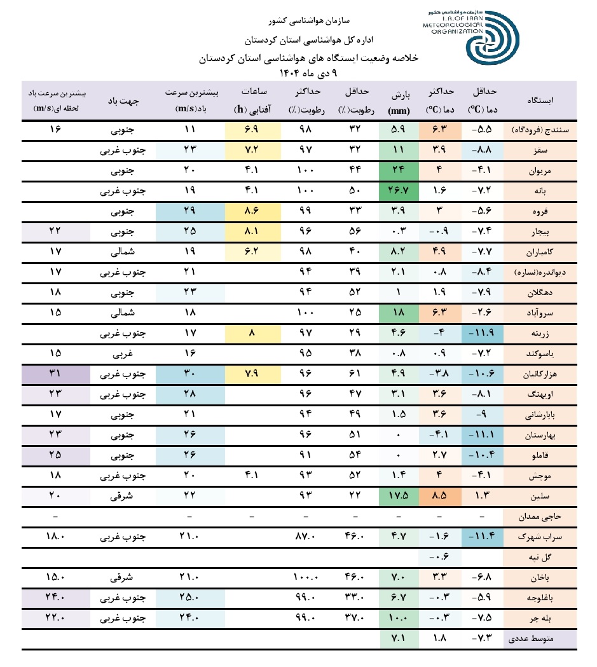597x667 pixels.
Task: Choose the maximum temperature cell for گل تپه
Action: [439, 557]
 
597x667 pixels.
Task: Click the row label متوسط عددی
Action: [540, 638]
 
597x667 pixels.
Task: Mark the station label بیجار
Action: [540, 231]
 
